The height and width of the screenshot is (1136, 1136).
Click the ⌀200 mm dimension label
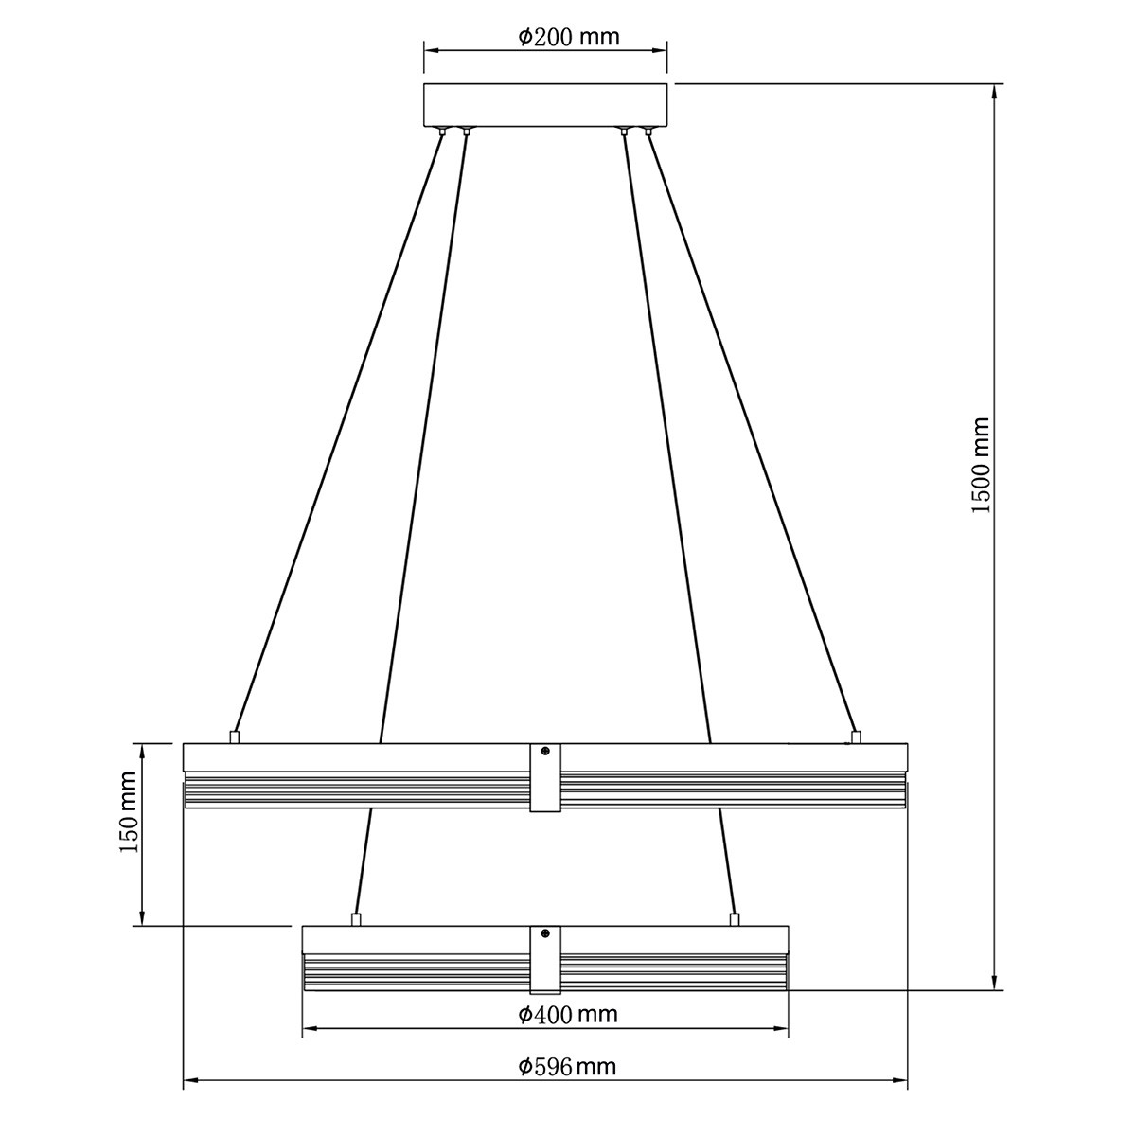tap(568, 38)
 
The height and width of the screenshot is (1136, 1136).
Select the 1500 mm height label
tap(981, 465)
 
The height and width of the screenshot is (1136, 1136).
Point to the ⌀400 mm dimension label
tap(568, 1015)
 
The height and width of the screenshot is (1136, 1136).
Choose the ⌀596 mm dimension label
tap(567, 1067)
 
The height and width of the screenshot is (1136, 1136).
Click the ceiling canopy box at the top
tap(545, 104)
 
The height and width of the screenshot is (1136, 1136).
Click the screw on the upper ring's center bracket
tap(545, 753)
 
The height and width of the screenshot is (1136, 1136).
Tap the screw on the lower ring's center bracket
tap(545, 933)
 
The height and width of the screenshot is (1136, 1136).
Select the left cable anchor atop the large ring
tap(235, 736)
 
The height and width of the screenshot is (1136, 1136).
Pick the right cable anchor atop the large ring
tap(856, 736)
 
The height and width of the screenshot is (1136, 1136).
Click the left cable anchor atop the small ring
tap(356, 918)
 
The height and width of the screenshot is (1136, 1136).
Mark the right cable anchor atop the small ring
tap(734, 918)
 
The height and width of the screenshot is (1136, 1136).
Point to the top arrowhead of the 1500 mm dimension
tap(994, 92)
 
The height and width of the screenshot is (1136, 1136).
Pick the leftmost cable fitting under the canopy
tap(442, 131)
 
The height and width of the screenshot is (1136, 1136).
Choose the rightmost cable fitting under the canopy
tap(648, 131)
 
